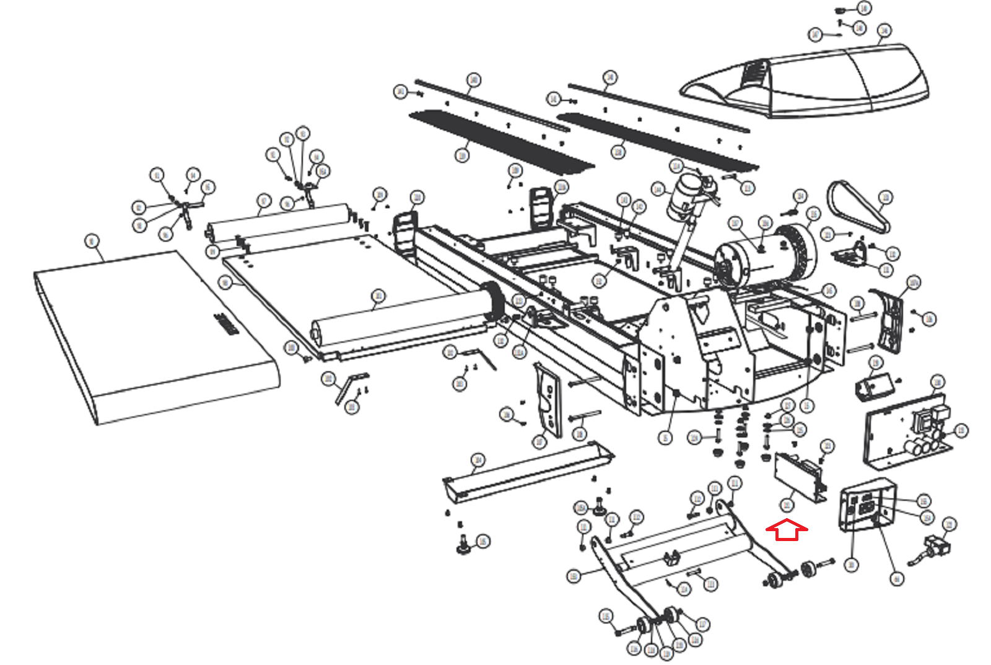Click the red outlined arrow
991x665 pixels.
click(x=787, y=530)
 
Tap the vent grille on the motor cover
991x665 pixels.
click(x=753, y=72)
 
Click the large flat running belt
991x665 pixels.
click(x=155, y=335)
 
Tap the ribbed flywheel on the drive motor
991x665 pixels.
click(x=799, y=251)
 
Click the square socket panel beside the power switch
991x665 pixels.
click(x=867, y=504)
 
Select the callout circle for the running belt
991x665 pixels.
click(x=92, y=241)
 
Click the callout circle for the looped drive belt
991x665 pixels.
click(x=886, y=198)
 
